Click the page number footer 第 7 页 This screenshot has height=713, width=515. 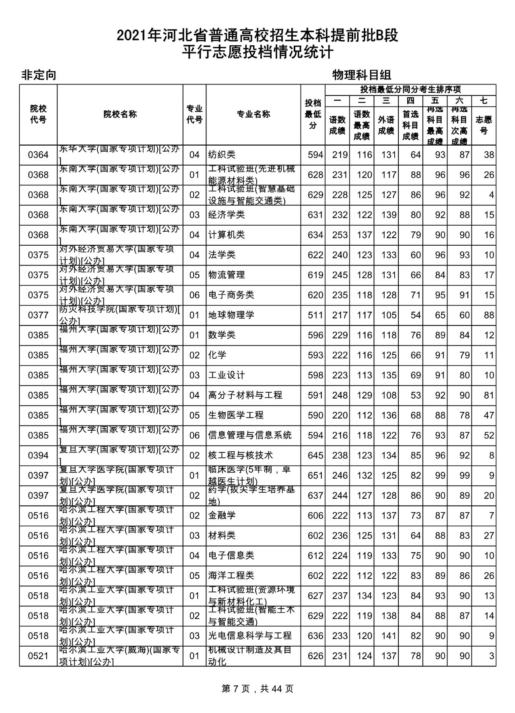(257, 688)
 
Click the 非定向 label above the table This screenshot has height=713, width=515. (39, 75)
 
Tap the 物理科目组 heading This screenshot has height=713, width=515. (362, 75)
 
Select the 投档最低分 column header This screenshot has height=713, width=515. (313, 115)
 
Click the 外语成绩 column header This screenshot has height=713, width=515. (386, 125)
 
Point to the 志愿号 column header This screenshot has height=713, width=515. (484, 125)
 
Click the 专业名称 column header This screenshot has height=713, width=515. (253, 115)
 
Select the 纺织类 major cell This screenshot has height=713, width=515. (222, 155)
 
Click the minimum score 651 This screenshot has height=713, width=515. (315, 475)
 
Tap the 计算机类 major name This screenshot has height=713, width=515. (227, 235)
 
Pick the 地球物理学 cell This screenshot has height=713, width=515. (231, 315)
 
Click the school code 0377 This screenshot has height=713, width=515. (38, 315)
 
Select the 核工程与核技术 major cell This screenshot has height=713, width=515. (241, 455)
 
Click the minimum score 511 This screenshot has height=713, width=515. (315, 315)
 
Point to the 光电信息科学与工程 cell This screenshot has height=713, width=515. (250, 636)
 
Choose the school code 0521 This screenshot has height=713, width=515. (38, 656)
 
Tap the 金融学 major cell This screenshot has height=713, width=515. (222, 516)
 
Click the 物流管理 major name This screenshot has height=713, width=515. (227, 275)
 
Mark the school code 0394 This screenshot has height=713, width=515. (38, 455)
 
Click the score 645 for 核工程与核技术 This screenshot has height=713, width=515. (315, 455)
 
